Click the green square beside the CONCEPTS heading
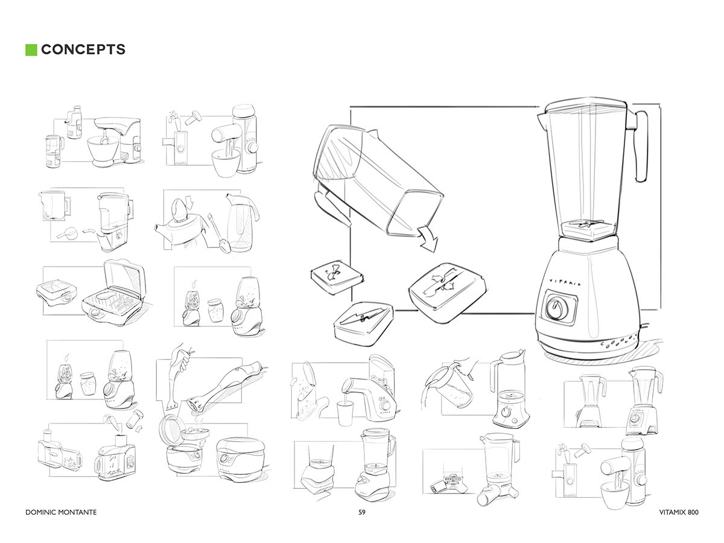click(x=31, y=49)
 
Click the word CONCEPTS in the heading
click(x=83, y=49)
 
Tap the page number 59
click(x=362, y=512)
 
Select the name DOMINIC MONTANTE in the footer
click(x=61, y=512)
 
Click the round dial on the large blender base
click(x=556, y=308)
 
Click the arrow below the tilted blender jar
click(x=428, y=240)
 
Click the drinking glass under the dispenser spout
click(x=345, y=413)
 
